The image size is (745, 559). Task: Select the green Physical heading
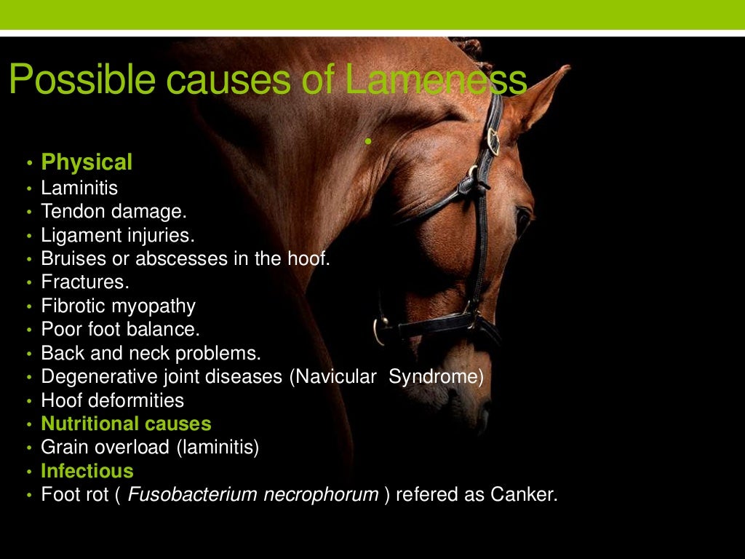coord(87,162)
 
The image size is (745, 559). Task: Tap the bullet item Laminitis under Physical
coord(79,188)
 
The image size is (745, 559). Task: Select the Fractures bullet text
coord(84,282)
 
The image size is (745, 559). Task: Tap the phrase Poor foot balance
coord(120,329)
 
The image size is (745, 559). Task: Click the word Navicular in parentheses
coord(339,376)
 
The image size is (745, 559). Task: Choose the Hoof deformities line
coord(112,400)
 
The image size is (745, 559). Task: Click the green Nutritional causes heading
coord(126,424)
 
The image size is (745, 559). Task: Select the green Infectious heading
coord(87,470)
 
